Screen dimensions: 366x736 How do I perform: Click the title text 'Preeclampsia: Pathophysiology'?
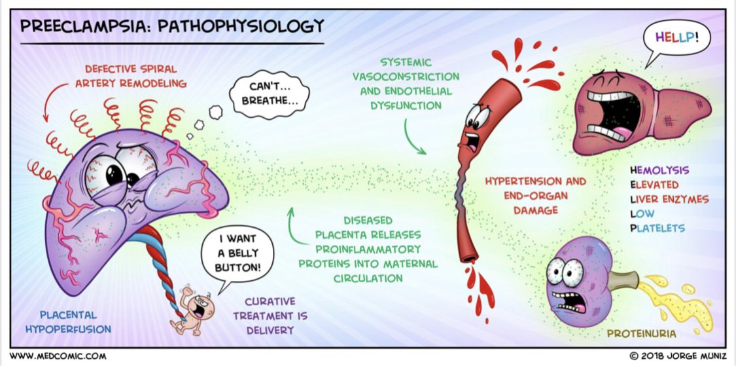click(172, 27)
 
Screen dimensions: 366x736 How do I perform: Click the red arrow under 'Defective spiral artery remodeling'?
click(47, 105)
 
